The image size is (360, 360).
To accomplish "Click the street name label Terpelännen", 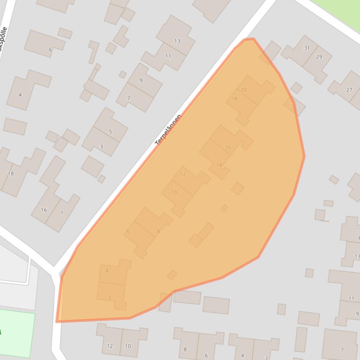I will click(x=168, y=130).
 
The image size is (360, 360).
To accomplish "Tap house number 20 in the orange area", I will click(x=243, y=90).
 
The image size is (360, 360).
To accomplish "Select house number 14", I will click(x=219, y=165).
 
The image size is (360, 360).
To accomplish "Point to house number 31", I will click(x=307, y=48).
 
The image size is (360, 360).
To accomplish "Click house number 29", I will click(x=319, y=57).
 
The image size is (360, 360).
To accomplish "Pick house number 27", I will click(x=349, y=90).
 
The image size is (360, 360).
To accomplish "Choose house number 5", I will click(x=110, y=131).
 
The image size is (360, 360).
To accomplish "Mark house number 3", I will click(x=101, y=147).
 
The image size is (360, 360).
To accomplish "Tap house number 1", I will click(x=62, y=213).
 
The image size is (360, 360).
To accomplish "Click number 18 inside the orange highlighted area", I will click(x=235, y=99).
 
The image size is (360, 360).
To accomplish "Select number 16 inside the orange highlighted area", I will click(x=228, y=147).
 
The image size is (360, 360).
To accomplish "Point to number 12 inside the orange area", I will click(x=183, y=174).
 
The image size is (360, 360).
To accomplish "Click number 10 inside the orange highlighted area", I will click(x=174, y=192).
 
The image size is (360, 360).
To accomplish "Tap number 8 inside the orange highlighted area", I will click(x=158, y=231).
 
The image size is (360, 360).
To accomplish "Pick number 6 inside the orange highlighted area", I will click(x=128, y=231).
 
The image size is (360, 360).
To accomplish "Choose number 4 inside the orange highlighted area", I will click(x=107, y=270).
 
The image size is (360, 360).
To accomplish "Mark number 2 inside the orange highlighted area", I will click(x=110, y=298).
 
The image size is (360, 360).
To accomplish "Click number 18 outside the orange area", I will click(x=11, y=173).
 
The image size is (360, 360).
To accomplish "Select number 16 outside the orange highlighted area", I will click(x=44, y=210).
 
